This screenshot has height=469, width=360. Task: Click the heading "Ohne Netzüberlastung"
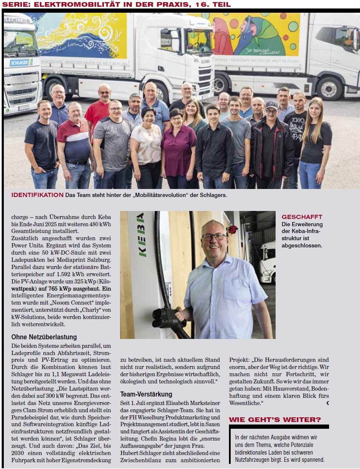point(44,337)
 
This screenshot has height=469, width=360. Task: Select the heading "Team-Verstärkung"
point(146,394)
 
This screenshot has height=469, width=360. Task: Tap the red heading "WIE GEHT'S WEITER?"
point(275,419)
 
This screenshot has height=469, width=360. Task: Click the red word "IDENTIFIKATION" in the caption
point(37,195)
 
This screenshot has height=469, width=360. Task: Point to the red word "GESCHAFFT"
point(302,217)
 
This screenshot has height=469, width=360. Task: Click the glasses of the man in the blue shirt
point(214,236)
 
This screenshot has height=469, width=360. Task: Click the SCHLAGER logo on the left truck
point(21,63)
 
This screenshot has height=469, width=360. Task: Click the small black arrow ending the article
point(327,403)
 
